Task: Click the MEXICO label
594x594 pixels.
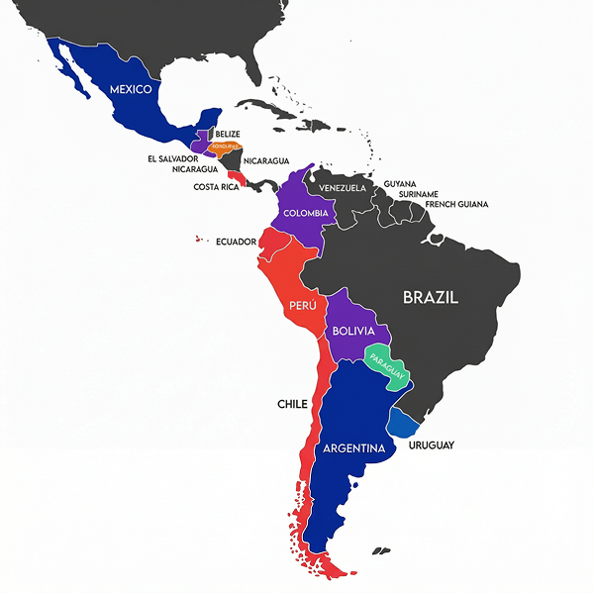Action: pyautogui.click(x=131, y=89)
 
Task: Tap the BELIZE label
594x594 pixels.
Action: pyautogui.click(x=227, y=134)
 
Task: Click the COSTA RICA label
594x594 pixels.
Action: pyautogui.click(x=215, y=187)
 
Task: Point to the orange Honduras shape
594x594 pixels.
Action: pyautogui.click(x=225, y=147)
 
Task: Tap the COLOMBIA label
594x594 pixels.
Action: pyautogui.click(x=305, y=213)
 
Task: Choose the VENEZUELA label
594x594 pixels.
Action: pyautogui.click(x=342, y=188)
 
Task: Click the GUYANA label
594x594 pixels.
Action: pyautogui.click(x=400, y=184)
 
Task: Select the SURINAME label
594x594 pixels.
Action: pyautogui.click(x=419, y=194)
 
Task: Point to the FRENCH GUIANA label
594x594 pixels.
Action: pyautogui.click(x=456, y=205)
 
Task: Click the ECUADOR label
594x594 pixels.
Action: pyautogui.click(x=236, y=242)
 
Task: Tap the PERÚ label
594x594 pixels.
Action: pyautogui.click(x=302, y=307)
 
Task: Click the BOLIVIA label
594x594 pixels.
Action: pyautogui.click(x=352, y=331)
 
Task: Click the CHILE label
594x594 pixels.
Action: pyautogui.click(x=292, y=404)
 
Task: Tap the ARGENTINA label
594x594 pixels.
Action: pyautogui.click(x=353, y=448)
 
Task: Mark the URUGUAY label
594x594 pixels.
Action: pyautogui.click(x=431, y=445)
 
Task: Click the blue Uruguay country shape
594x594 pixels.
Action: pyautogui.click(x=403, y=423)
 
